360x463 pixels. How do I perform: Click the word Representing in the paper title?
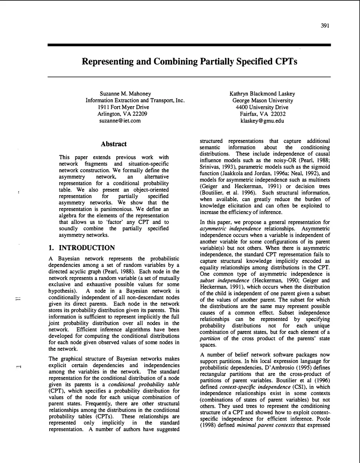pyautogui.click(x=104, y=62)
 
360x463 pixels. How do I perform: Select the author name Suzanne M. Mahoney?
pyautogui.click(x=125, y=94)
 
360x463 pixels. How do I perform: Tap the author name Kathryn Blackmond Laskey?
pyautogui.click(x=262, y=94)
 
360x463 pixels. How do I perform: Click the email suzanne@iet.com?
pyautogui.click(x=120, y=121)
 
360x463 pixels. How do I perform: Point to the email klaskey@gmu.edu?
pyautogui.click(x=262, y=121)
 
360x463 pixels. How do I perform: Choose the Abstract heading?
pyautogui.click(x=114, y=144)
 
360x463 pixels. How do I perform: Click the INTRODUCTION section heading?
pyautogui.click(x=86, y=248)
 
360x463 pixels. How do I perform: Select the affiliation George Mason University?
pyautogui.click(x=262, y=100)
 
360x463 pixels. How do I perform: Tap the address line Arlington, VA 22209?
pyautogui.click(x=122, y=114)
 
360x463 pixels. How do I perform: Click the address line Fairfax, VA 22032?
pyautogui.click(x=263, y=114)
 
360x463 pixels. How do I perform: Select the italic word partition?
pyautogui.click(x=210, y=339)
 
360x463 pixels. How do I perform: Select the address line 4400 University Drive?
pyautogui.click(x=262, y=107)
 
